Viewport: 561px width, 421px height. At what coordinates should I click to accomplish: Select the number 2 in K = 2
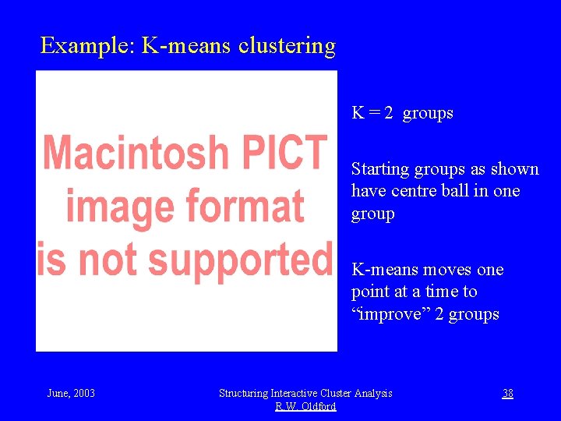387,113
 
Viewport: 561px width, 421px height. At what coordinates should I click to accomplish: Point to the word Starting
380,169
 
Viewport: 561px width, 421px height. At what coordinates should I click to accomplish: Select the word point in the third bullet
370,292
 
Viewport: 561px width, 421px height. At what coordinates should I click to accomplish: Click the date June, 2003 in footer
71,393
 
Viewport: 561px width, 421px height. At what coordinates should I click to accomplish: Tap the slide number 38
507,393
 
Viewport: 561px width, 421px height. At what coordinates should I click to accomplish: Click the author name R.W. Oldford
305,406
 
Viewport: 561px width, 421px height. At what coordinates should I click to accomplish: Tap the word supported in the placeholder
240,260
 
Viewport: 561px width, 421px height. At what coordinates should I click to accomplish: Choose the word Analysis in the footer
372,393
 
